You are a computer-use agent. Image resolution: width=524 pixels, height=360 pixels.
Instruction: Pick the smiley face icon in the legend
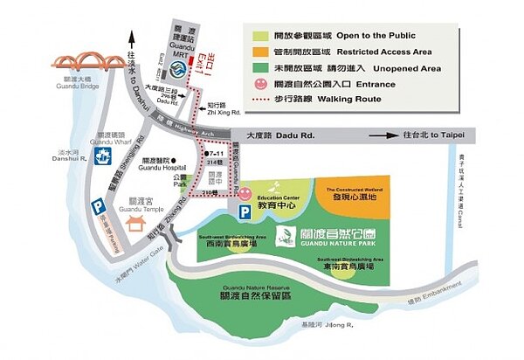(261, 85)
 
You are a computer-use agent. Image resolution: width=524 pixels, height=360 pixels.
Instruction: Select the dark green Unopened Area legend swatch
(261, 66)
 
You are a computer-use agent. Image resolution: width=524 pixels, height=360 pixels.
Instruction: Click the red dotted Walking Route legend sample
(261, 100)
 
